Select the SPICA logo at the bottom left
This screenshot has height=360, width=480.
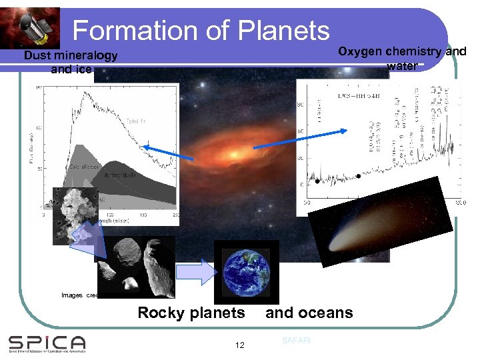click(47, 343)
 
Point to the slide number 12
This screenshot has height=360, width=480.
click(240, 345)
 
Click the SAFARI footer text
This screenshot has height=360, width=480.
click(295, 341)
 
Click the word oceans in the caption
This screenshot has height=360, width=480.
click(325, 313)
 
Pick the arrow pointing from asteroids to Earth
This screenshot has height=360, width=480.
click(193, 271)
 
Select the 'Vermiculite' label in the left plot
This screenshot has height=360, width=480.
click(120, 175)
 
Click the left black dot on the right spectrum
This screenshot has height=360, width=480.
click(318, 181)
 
